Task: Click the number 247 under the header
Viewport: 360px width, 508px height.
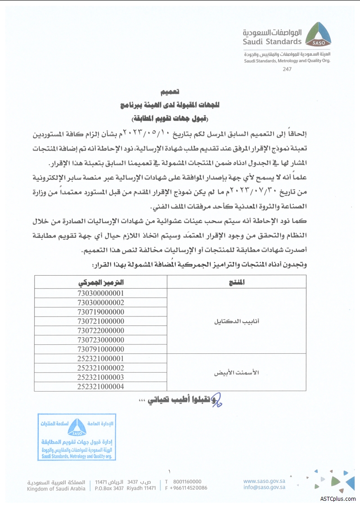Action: point(287,69)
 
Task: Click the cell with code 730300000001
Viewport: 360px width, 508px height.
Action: point(100,293)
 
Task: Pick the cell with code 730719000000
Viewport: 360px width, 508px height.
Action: point(100,312)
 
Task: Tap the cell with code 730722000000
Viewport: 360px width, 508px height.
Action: point(100,330)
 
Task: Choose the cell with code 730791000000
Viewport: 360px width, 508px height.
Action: point(100,349)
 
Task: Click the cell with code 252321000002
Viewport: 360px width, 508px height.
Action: point(100,368)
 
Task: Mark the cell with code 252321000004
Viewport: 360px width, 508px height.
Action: point(100,386)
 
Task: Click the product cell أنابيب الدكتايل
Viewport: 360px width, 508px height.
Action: point(236,321)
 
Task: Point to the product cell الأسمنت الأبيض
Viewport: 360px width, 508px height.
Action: point(236,373)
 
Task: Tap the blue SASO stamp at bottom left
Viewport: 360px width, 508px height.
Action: point(77,437)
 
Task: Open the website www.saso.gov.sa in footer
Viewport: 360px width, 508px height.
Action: point(265,481)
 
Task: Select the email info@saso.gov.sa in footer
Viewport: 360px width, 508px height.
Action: point(265,487)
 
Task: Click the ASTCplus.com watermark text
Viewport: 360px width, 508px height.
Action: point(338,499)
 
